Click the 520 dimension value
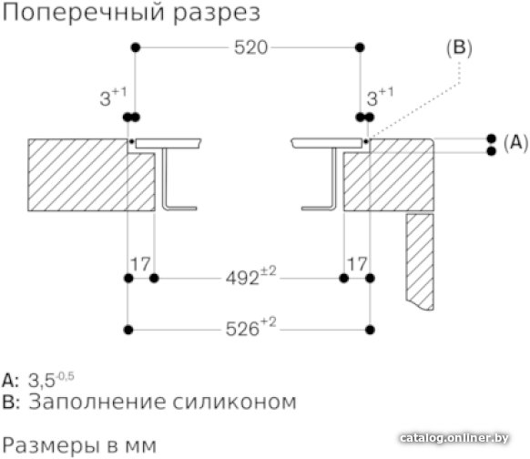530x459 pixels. click(250, 47)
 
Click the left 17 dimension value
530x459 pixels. click(140, 264)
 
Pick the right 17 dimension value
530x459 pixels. click(357, 264)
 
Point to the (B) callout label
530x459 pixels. click(459, 48)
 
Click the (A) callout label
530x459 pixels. click(515, 142)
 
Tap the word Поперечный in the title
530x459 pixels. click(85, 13)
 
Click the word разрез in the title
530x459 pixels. click(217, 15)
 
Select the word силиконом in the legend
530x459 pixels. click(235, 403)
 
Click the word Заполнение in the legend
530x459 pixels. click(97, 402)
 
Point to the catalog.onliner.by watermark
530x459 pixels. click(454, 438)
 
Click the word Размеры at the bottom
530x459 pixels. click(51, 444)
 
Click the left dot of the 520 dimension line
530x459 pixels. click(136, 47)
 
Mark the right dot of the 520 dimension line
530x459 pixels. click(360, 47)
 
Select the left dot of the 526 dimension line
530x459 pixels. click(128, 330)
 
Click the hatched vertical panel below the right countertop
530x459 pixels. click(420, 261)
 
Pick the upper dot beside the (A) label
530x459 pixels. click(492, 138)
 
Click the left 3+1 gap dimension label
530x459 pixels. click(113, 97)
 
